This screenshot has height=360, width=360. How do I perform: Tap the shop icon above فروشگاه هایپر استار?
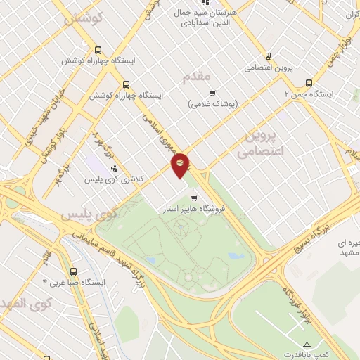(194, 198)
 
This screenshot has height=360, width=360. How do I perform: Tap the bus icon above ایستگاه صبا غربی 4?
(74, 271)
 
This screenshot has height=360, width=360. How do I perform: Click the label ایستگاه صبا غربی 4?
(74, 283)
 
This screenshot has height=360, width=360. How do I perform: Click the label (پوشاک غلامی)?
(213, 104)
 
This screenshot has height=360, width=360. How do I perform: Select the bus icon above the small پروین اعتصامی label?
(268, 56)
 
